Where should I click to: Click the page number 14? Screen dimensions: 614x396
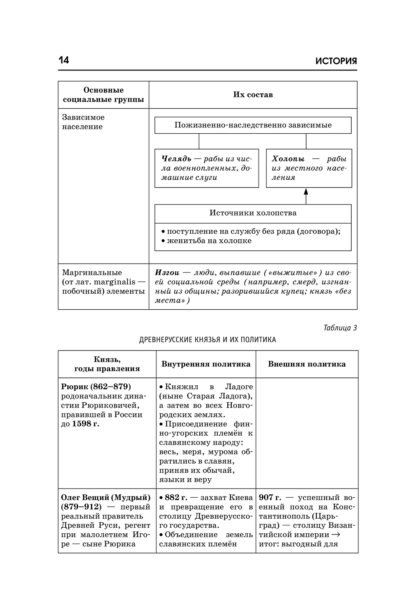[x=64, y=60]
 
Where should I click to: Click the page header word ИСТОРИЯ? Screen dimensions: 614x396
[x=336, y=61]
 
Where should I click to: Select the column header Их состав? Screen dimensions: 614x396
[x=253, y=95]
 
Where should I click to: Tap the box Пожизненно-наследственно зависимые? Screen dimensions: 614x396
[x=253, y=125]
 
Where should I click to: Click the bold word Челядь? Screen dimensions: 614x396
[x=176, y=159]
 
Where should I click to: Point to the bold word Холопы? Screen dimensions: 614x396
[x=288, y=159]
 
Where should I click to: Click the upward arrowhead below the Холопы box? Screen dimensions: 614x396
[x=306, y=192]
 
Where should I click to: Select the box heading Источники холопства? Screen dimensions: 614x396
[x=253, y=213]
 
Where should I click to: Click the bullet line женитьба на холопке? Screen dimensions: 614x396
[x=209, y=241]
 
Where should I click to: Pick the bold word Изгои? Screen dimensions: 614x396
[x=167, y=273]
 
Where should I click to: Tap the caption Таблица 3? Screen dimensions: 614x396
[x=340, y=328]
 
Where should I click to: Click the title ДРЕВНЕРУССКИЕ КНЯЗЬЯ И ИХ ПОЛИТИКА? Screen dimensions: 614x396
[x=208, y=340]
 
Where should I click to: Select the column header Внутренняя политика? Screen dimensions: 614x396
[x=206, y=364]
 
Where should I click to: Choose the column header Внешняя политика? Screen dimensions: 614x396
[x=307, y=364]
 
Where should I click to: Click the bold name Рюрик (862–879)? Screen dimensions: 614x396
[x=96, y=387]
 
